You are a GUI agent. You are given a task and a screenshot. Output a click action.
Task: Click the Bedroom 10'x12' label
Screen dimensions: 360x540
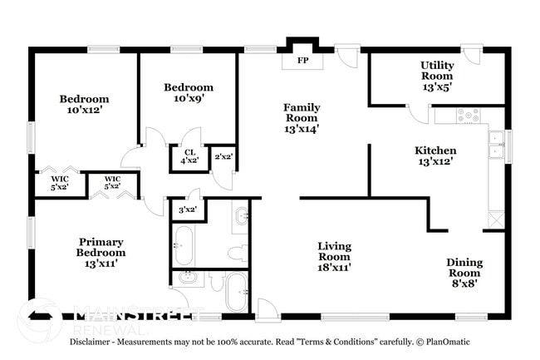click(x=84, y=104)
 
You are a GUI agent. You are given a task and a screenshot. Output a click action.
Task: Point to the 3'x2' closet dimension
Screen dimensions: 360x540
click(x=187, y=210)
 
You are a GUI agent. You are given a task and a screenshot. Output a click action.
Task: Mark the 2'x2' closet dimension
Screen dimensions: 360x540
click(x=223, y=157)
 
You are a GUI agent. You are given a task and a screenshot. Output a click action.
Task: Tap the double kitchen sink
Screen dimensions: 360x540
click(x=496, y=145)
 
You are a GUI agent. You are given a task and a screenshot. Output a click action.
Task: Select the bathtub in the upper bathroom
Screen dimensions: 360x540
click(x=184, y=246)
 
